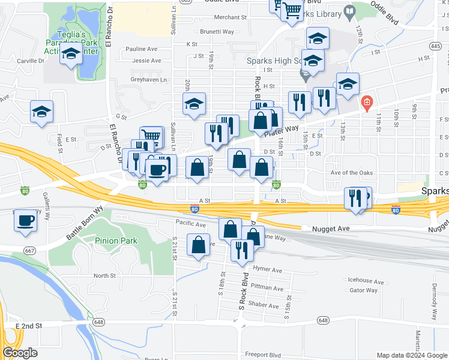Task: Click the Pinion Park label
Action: pos(116,241)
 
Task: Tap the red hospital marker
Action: pos(367,103)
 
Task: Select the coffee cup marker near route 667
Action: pos(25,221)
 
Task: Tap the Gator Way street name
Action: pos(364,290)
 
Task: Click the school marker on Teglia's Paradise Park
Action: pos(71,55)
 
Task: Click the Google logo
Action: pos(20,353)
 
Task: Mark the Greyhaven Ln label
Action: pos(146,80)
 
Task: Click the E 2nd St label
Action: pos(29,326)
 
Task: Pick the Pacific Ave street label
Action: pos(190,224)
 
